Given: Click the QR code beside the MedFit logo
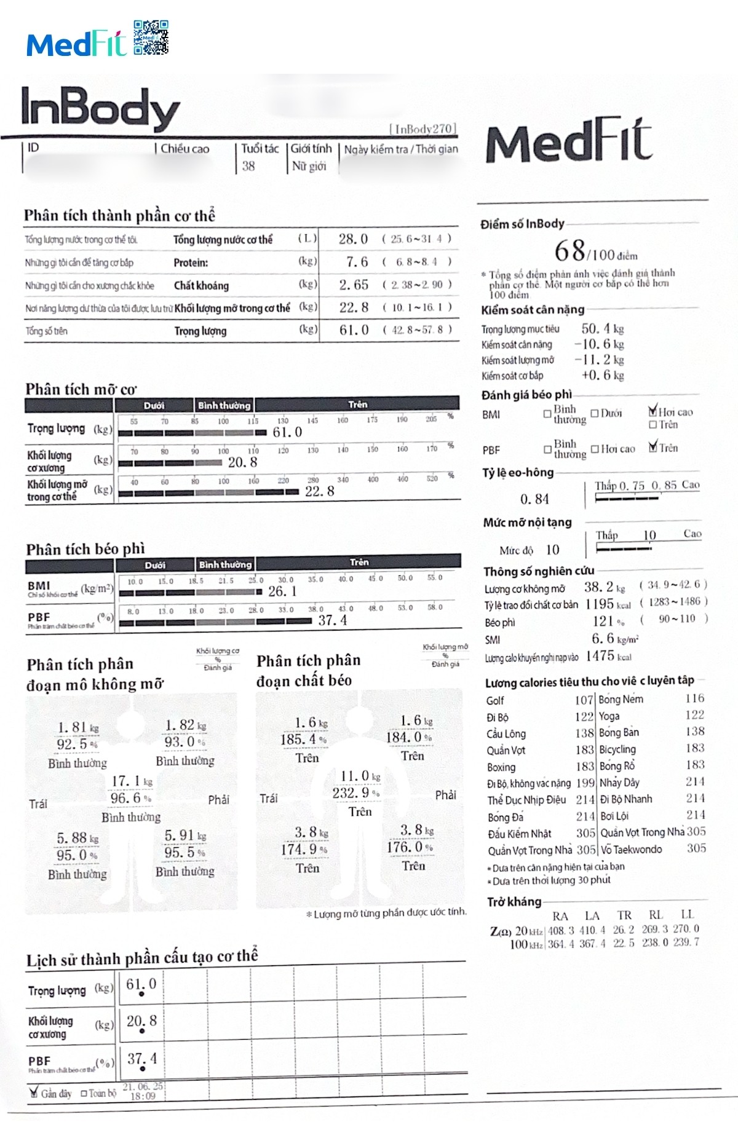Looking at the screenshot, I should (151, 38).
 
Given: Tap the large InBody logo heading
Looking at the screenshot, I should (100, 108).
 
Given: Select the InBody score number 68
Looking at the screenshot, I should (570, 251).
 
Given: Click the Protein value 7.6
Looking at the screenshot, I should (356, 263).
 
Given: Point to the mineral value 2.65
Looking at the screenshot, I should (354, 285).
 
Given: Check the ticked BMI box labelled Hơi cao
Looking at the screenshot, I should (653, 411).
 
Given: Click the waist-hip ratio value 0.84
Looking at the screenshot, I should (534, 499).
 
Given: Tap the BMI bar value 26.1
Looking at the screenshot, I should (282, 591).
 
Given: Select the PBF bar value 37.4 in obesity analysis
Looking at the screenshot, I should (332, 621).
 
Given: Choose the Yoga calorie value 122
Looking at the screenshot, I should (695, 715).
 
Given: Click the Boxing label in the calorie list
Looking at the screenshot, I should (501, 767).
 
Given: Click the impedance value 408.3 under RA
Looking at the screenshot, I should (561, 930).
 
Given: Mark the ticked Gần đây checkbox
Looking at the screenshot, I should (34, 1092).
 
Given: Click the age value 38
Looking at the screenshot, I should (248, 166).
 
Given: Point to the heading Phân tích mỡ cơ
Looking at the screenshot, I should (81, 389).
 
